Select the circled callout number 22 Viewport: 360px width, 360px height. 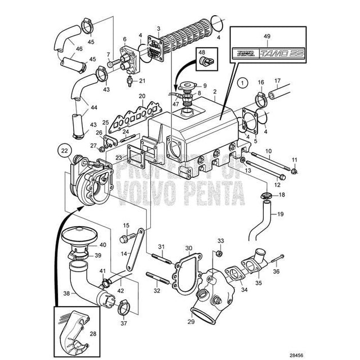[x=65, y=150]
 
